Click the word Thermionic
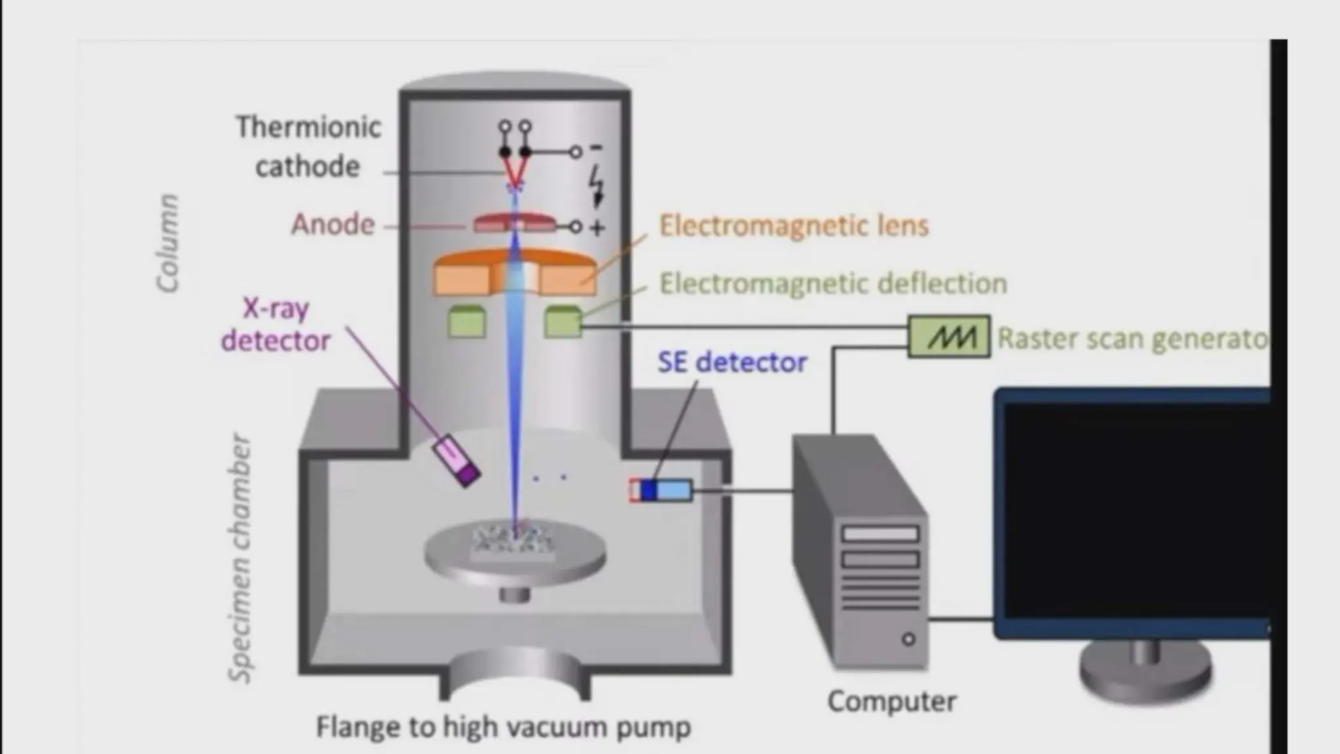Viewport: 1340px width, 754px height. pyautogui.click(x=308, y=127)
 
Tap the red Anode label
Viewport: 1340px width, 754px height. pyautogui.click(x=333, y=224)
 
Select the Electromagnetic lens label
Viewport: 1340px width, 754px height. pyautogui.click(x=794, y=226)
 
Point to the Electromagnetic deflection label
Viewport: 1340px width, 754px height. pyautogui.click(x=833, y=283)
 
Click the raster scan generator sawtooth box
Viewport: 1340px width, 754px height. pyautogui.click(x=949, y=336)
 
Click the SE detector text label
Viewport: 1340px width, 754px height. pyautogui.click(x=732, y=362)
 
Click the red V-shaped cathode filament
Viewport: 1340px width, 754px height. pyautogui.click(x=515, y=171)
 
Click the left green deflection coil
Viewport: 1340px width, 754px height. pyautogui.click(x=467, y=321)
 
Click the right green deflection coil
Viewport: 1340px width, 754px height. pyautogui.click(x=563, y=321)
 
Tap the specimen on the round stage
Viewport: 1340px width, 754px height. pyautogui.click(x=514, y=542)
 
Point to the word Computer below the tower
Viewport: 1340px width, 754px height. pyautogui.click(x=892, y=701)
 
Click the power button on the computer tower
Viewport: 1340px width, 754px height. pyautogui.click(x=908, y=639)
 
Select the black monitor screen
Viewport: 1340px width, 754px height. pyautogui.click(x=1135, y=511)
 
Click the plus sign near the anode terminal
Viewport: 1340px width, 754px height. pyautogui.click(x=597, y=228)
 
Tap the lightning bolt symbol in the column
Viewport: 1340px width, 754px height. pyautogui.click(x=597, y=185)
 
